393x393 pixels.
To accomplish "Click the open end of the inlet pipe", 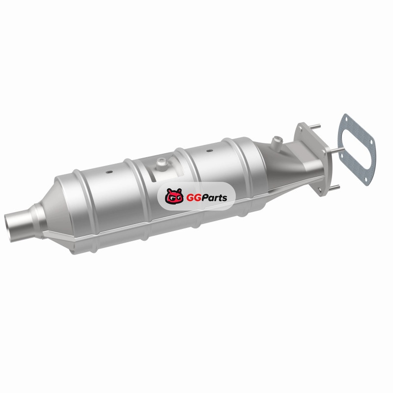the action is coord(7,228).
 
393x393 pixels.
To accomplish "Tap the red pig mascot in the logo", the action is coord(174,196).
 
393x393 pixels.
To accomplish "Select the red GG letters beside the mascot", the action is coord(192,198).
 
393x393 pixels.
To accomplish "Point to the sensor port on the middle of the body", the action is coord(161,164).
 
